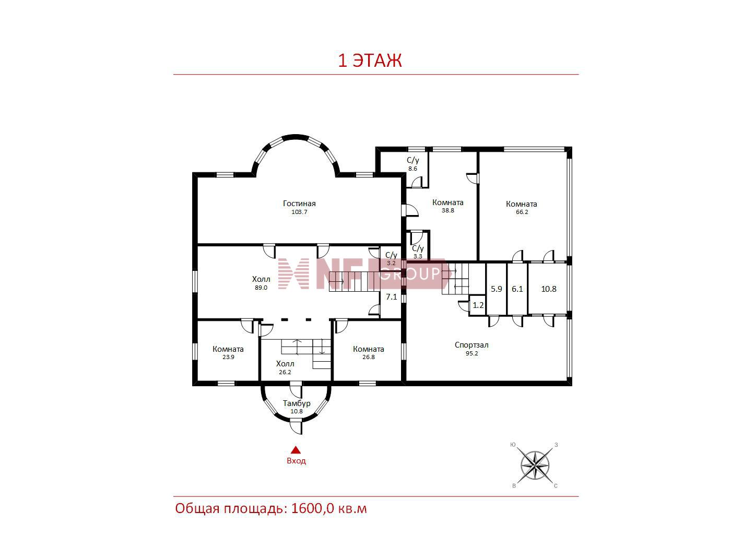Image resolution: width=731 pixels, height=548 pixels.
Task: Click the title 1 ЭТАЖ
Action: click(x=370, y=61)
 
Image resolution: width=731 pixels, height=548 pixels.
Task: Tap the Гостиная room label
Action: click(x=299, y=204)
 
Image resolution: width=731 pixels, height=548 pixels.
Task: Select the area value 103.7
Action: click(x=299, y=212)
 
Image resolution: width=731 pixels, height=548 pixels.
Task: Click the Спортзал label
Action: click(x=471, y=345)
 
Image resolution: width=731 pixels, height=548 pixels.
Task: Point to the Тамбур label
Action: click(x=297, y=403)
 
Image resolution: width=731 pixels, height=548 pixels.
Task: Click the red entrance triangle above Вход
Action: click(x=296, y=450)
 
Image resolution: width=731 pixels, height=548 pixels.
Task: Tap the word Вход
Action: click(x=296, y=461)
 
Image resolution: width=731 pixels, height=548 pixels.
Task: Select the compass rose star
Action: click(x=535, y=466)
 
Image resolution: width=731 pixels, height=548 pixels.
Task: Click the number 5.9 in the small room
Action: click(x=496, y=289)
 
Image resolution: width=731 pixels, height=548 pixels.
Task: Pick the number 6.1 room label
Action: click(x=517, y=289)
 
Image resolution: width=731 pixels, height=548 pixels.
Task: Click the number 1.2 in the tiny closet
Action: click(x=478, y=305)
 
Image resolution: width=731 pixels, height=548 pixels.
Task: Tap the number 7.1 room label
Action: click(x=391, y=296)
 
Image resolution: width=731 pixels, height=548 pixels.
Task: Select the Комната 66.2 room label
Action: click(x=522, y=208)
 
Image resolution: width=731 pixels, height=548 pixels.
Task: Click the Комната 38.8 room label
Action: click(x=448, y=206)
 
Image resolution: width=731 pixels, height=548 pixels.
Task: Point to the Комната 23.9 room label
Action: click(x=228, y=353)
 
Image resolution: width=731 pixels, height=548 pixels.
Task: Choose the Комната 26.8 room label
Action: click(x=368, y=353)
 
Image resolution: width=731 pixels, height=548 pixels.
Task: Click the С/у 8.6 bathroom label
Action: click(x=412, y=164)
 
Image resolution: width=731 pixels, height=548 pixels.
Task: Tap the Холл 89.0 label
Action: click(x=261, y=283)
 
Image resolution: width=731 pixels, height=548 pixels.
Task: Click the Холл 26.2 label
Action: click(x=285, y=367)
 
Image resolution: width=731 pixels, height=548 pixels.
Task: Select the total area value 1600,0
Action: click(x=312, y=509)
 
